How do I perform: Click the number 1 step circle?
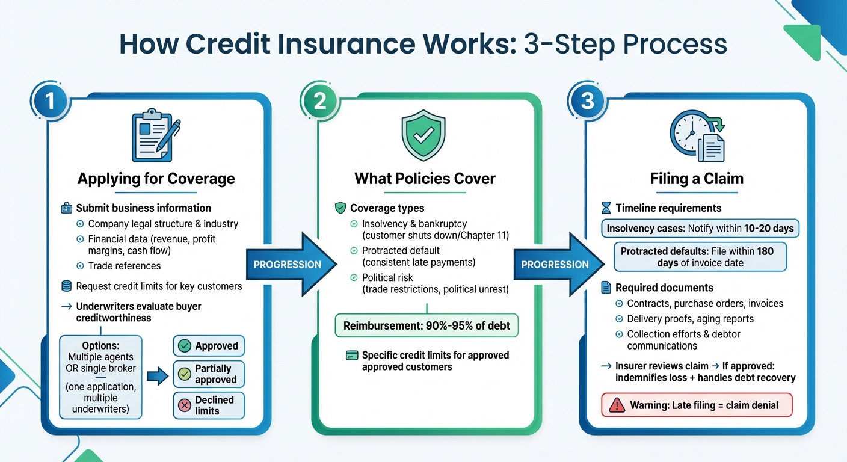(x=49, y=100)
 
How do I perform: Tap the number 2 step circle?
(x=319, y=100)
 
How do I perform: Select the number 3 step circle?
(x=587, y=100)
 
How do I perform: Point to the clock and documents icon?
(x=697, y=137)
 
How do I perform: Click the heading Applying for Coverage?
(x=156, y=179)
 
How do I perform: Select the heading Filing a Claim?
(x=697, y=179)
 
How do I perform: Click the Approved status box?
(x=209, y=346)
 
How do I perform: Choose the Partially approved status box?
(x=209, y=374)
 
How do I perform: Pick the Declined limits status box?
(x=209, y=405)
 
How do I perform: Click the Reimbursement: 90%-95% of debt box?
(x=427, y=326)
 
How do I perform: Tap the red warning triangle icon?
(x=617, y=405)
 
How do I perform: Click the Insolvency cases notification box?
(x=700, y=228)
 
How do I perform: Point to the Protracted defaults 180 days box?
(x=700, y=256)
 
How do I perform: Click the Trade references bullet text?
(x=124, y=266)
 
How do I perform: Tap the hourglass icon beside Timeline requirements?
(x=606, y=208)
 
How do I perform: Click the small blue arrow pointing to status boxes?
(x=156, y=377)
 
